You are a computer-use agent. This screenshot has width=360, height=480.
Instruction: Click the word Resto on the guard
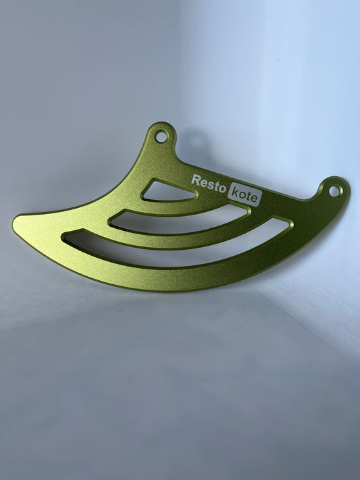click(209, 182)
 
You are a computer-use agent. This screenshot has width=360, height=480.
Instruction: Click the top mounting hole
click(161, 136)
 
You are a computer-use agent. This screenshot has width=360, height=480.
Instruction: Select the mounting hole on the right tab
click(334, 191)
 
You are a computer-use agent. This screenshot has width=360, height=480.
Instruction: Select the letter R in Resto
click(196, 180)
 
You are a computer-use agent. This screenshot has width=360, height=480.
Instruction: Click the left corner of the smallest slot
click(144, 197)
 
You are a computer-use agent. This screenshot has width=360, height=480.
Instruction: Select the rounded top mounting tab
click(161, 133)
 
